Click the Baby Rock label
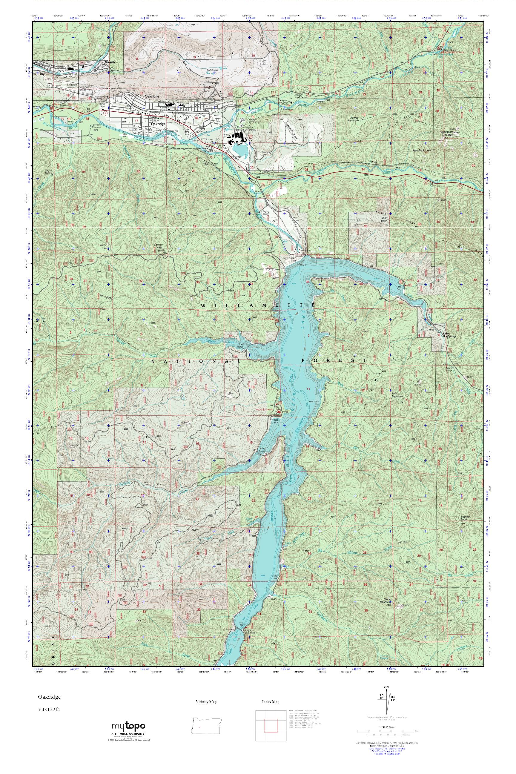418,150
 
